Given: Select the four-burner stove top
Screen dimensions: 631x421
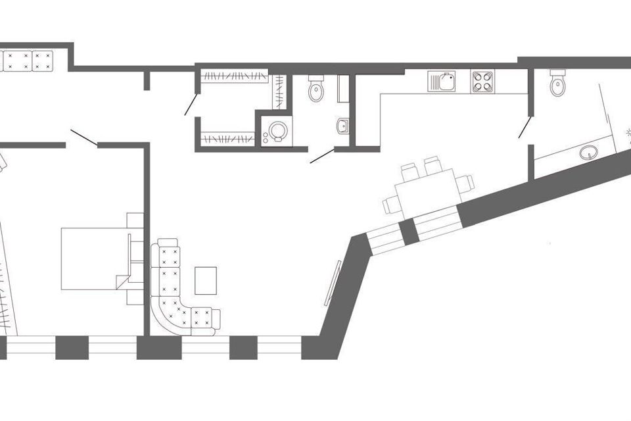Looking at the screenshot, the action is click(x=482, y=82).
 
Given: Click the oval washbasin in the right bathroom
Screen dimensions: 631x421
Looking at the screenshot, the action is click(x=589, y=153).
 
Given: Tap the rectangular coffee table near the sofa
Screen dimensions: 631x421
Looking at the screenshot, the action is click(x=206, y=280).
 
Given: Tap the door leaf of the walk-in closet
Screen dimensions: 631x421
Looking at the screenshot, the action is click(x=191, y=104).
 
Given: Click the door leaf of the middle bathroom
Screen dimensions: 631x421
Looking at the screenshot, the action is click(x=322, y=157).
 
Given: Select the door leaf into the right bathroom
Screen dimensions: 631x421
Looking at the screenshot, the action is click(x=525, y=127).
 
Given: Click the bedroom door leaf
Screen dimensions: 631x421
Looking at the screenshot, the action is click(x=83, y=137).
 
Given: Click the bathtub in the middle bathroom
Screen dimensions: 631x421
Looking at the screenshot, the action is click(x=343, y=87).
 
